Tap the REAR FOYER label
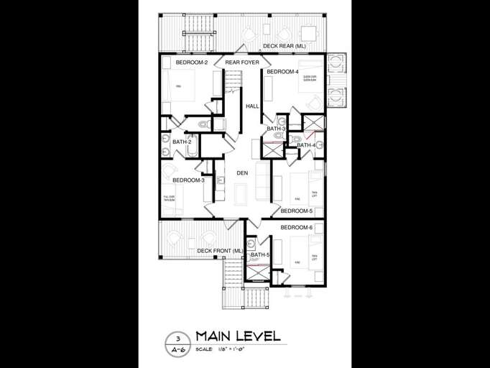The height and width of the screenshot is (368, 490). click(x=241, y=63)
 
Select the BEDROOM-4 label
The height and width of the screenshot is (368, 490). click(x=282, y=72)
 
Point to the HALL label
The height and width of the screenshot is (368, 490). click(x=252, y=106)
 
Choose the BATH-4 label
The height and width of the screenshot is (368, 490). click(x=306, y=145)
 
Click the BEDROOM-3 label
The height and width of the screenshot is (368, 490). click(x=188, y=180)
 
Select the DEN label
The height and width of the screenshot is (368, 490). click(x=242, y=173)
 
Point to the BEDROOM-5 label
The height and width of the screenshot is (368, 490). click(x=296, y=211)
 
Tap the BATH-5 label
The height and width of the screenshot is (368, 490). click(x=260, y=255)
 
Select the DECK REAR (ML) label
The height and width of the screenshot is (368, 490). click(x=284, y=46)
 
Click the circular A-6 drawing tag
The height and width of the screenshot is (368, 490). click(x=176, y=343)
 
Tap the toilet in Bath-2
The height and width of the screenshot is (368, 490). click(x=202, y=125)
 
